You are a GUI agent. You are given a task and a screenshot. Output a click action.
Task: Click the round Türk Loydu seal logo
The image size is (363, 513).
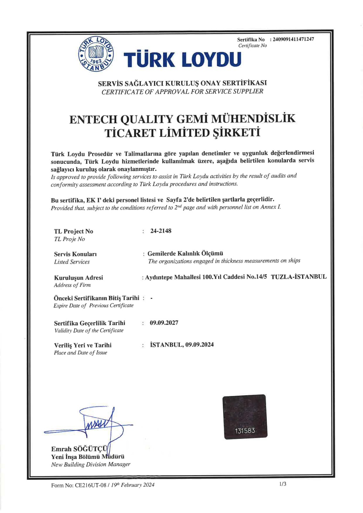[96, 54]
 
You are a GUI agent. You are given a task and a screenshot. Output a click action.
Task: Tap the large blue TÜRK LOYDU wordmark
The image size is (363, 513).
[182, 59]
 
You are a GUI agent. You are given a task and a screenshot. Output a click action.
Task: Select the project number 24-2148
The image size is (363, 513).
[160, 231]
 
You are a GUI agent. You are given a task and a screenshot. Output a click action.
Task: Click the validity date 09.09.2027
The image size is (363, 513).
[164, 323]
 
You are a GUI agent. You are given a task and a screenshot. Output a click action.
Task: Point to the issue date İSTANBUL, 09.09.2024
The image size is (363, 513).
[182, 345]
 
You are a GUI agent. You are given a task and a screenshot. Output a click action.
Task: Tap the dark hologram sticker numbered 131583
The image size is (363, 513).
[245, 416]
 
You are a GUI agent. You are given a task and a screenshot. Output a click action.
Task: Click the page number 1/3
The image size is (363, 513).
[282, 484]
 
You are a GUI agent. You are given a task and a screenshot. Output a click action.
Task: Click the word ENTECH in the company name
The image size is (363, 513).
[93, 119]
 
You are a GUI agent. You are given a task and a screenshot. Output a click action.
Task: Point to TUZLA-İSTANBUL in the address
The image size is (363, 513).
[298, 277]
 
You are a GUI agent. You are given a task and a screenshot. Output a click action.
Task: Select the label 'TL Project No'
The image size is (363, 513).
[73, 231]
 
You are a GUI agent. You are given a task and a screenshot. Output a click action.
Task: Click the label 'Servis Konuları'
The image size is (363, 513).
[75, 254]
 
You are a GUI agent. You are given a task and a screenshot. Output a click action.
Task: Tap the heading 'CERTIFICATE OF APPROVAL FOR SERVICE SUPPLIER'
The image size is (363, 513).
[182, 92]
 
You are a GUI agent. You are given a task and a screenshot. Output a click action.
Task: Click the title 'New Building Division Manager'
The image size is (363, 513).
[91, 464]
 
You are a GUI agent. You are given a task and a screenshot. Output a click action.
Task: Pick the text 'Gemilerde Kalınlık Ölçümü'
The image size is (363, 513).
[185, 253]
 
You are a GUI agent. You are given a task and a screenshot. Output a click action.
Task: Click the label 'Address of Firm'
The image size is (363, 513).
[72, 285]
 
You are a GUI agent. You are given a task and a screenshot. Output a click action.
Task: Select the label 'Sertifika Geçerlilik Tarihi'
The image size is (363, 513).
[90, 323]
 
